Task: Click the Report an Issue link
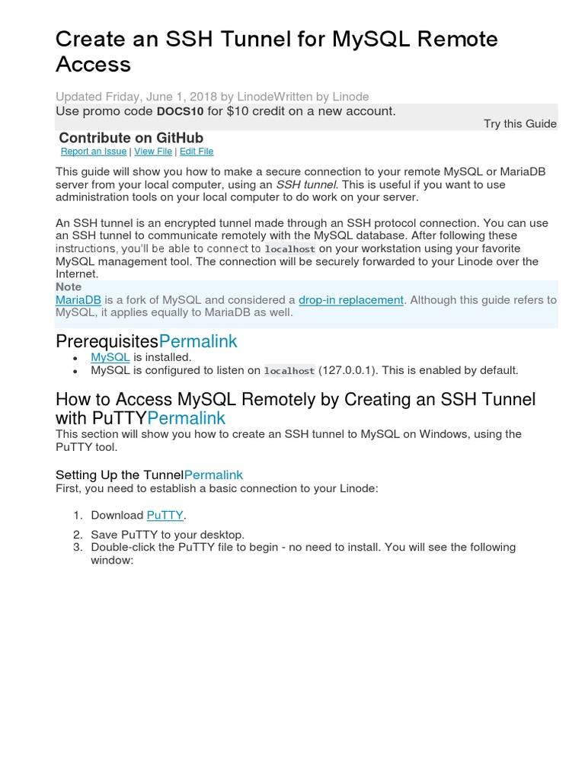pos(94,152)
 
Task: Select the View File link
pos(153,152)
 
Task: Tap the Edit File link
pos(197,152)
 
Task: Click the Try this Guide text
pos(519,123)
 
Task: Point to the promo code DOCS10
pos(181,111)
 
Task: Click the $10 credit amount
pos(242,111)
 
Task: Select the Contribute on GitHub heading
pos(131,138)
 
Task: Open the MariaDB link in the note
pos(78,300)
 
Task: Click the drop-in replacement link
pos(351,300)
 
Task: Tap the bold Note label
pos(69,287)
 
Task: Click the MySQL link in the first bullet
pos(110,356)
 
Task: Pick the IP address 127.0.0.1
pos(347,370)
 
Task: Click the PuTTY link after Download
pos(165,515)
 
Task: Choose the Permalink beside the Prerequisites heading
pos(198,341)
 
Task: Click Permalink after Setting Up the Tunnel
pos(213,475)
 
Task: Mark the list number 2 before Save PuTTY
pos(78,535)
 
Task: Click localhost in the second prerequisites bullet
pos(289,371)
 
